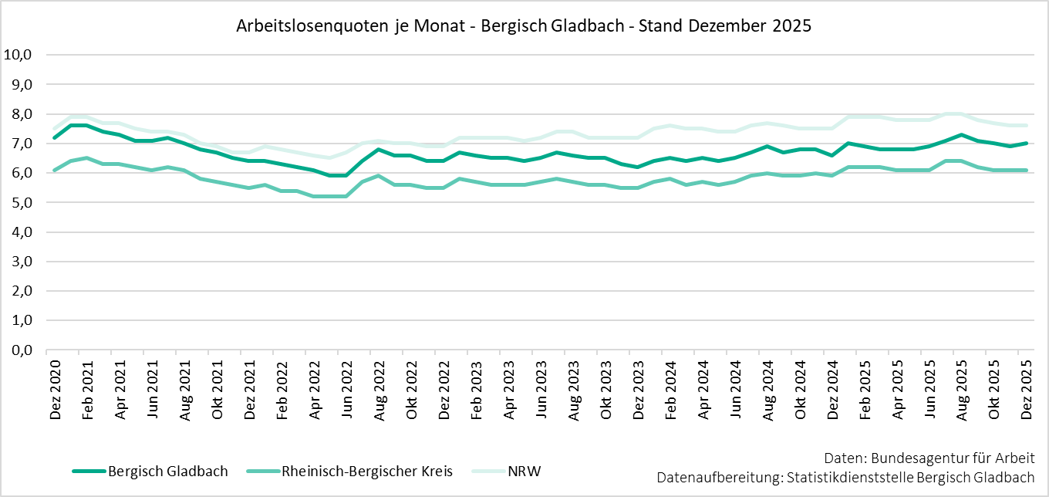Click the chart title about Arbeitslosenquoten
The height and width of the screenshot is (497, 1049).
pos(524,25)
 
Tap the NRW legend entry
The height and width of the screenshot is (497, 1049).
pos(524,471)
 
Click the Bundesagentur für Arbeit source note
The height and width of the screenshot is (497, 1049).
pos(929,457)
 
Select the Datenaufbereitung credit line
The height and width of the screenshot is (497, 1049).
pos(845,477)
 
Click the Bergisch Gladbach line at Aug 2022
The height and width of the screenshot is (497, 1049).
pos(379,150)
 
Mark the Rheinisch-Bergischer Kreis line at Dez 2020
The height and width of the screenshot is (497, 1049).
pos(55,170)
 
